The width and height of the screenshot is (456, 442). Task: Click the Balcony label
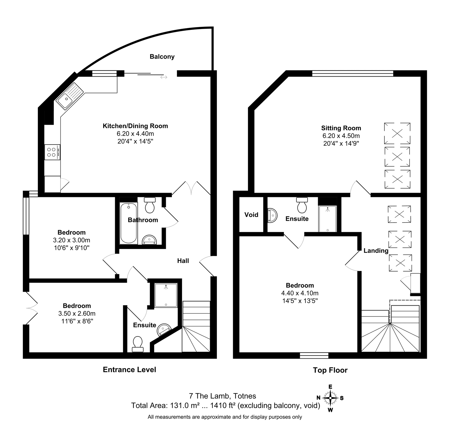tap(162, 57)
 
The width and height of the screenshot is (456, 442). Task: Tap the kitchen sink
tap(69, 96)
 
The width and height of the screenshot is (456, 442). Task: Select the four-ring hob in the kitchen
tap(52, 152)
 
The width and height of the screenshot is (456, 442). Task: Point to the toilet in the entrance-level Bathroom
tap(150, 205)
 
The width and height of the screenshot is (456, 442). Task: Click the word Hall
tap(183, 261)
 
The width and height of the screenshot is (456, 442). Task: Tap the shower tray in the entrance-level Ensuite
tap(166, 295)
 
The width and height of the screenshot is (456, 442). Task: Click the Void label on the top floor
tap(251, 215)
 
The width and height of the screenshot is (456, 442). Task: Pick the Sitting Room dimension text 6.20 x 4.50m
tap(341, 136)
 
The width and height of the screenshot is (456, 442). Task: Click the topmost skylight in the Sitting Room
tap(397, 133)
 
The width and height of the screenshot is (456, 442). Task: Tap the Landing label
tap(376, 251)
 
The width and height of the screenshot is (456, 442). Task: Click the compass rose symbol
tap(330, 398)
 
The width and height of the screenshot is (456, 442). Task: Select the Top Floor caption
tap(330, 370)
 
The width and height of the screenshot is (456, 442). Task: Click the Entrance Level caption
tap(129, 369)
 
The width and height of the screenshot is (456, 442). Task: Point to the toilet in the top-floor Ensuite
tap(302, 205)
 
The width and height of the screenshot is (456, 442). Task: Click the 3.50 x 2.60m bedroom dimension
tap(77, 314)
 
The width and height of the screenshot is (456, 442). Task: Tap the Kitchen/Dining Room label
tap(135, 126)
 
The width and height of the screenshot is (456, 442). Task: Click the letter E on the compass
tap(330, 387)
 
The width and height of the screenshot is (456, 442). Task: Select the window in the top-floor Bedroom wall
tap(314, 355)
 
